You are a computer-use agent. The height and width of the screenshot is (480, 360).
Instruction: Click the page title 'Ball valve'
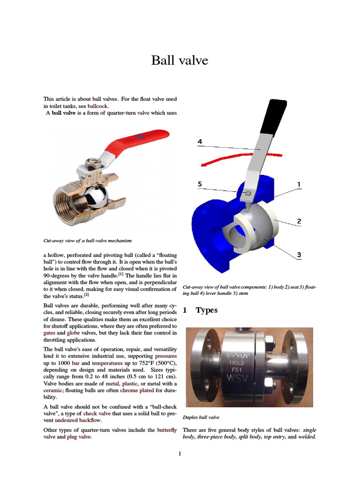[180, 60]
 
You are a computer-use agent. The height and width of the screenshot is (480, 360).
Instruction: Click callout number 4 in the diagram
[200, 141]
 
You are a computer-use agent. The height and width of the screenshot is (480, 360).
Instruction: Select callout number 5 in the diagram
[200, 184]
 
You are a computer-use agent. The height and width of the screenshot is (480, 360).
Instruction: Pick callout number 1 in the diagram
[299, 184]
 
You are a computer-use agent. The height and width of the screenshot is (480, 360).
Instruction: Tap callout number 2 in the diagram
[299, 220]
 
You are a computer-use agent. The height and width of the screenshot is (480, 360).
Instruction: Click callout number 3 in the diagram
[299, 255]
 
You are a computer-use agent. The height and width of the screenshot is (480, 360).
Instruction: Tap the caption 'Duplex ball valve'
[201, 417]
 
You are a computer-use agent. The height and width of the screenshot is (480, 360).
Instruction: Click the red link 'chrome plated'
[136, 390]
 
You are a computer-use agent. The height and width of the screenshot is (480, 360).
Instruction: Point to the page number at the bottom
[180, 453]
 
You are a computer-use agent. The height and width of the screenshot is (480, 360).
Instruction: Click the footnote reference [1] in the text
[120, 274]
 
